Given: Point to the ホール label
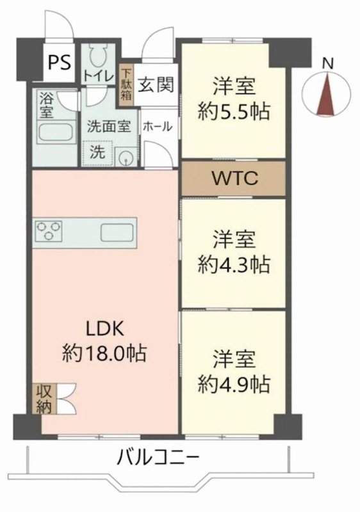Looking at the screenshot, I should (x=157, y=127).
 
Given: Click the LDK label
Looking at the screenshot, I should (x=104, y=330).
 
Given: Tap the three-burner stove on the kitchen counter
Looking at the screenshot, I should (x=49, y=230).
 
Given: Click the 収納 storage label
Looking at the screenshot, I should (x=43, y=399).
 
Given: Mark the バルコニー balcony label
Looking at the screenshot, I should (x=158, y=458).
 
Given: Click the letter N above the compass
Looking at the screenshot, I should (x=327, y=63).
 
